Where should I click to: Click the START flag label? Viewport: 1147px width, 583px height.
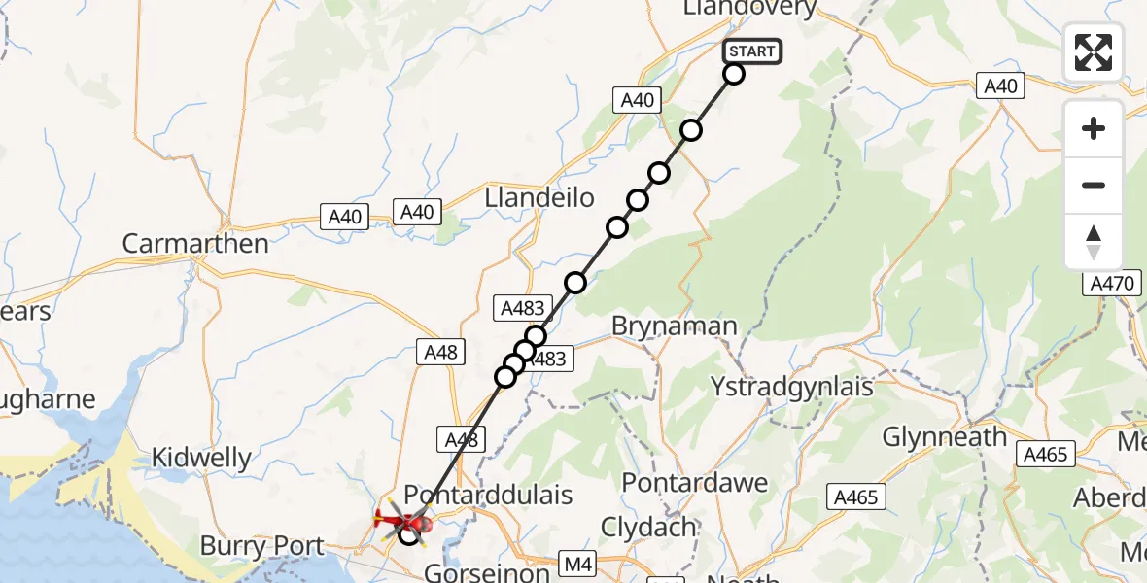(752, 51)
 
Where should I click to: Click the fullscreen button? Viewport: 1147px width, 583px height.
(1094, 52)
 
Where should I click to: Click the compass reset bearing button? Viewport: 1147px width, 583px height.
(1094, 241)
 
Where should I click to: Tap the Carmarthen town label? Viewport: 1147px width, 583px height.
(195, 243)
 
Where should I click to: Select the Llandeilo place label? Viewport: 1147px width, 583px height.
(539, 198)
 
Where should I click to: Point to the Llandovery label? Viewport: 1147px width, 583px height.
(749, 8)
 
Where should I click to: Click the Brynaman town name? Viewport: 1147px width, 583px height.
(674, 326)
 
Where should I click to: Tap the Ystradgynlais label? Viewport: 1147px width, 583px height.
(792, 386)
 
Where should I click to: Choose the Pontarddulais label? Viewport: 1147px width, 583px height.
(488, 495)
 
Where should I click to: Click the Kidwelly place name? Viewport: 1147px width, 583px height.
(201, 457)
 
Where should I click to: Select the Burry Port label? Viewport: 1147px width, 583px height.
(261, 546)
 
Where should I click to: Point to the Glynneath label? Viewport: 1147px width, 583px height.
(944, 437)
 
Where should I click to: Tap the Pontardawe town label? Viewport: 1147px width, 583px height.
(694, 482)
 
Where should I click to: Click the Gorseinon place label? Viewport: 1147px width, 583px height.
(487, 572)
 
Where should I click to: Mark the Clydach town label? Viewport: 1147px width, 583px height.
(648, 528)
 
